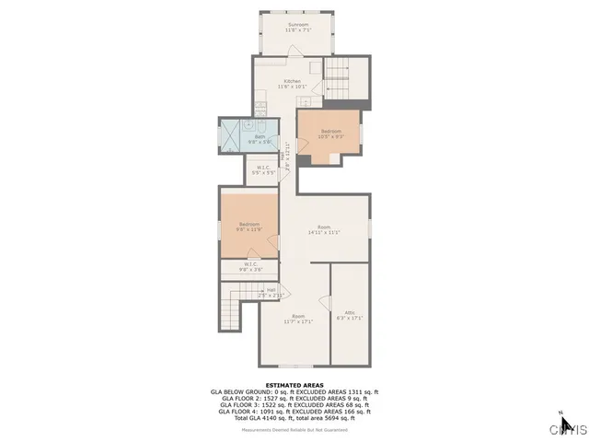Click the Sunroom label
(297, 24)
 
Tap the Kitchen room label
(293, 81)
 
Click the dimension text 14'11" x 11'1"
(324, 232)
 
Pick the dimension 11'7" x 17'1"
(297, 321)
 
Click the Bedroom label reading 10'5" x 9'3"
(329, 136)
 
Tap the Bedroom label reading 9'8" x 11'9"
(249, 229)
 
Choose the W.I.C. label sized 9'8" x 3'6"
(250, 269)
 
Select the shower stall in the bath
(233, 134)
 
